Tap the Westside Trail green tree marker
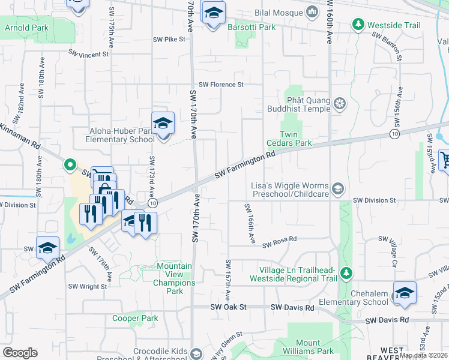(358, 25)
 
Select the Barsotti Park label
(252, 27)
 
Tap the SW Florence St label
(221, 85)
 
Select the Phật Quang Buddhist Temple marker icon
(340, 104)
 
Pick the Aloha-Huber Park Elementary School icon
(163, 123)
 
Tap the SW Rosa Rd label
(280, 240)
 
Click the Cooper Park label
(135, 318)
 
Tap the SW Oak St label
(229, 307)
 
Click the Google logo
(20, 353)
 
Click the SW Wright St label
(88, 286)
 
